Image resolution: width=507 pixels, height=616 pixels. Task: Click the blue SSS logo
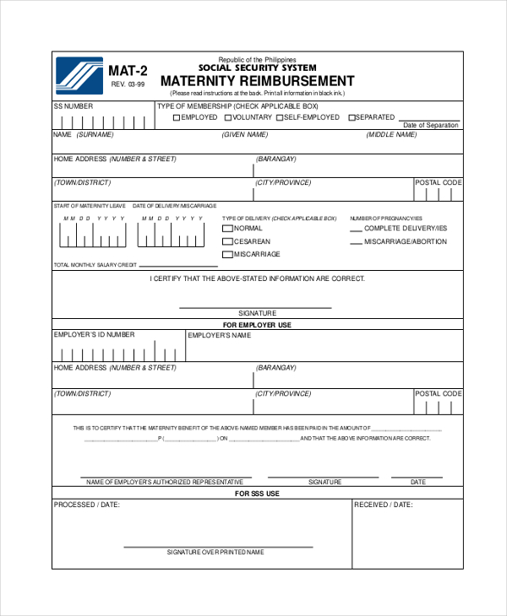point(79,74)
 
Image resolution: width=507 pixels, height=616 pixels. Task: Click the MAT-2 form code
point(128,70)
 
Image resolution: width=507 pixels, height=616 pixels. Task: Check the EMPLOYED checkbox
point(177,118)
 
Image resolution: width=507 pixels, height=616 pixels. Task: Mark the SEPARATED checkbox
point(352,118)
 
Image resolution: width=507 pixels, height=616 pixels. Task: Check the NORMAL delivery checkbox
point(227,229)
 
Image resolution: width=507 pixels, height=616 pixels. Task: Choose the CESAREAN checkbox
point(227,241)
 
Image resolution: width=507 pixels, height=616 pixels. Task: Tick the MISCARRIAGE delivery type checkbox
point(227,255)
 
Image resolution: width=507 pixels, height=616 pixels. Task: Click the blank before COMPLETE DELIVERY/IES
point(356,230)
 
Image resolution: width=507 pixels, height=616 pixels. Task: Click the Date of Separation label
point(431,125)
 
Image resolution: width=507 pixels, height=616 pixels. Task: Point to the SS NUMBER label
point(74,106)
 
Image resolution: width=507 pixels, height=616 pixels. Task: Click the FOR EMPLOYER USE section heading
point(257,325)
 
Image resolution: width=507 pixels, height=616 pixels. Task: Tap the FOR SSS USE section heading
point(257,494)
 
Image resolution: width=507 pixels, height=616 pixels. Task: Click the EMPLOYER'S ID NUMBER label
point(95,335)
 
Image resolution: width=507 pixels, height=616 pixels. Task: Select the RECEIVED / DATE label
point(384,505)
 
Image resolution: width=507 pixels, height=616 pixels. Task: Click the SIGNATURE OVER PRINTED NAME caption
point(215,552)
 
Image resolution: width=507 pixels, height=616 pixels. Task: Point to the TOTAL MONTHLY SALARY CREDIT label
point(95,265)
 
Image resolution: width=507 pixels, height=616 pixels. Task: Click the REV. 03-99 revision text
point(128,84)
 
